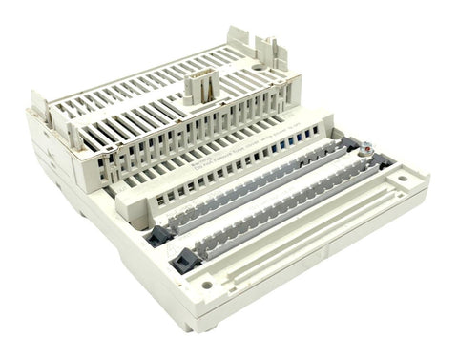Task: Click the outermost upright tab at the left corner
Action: pos(39,101)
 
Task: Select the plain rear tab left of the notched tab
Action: pos(239,44)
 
